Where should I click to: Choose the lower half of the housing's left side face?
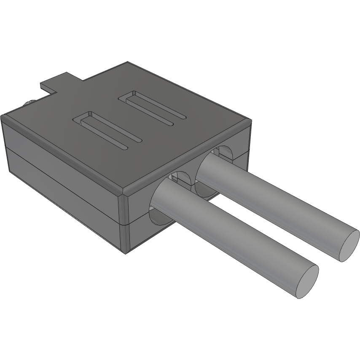[63, 198]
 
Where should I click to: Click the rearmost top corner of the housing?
[127, 63]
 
